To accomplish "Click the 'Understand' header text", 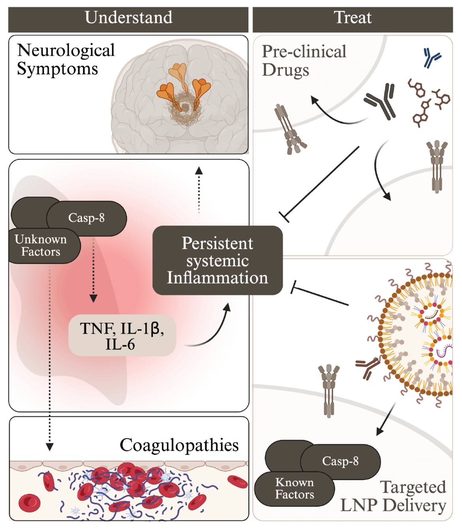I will [128, 18].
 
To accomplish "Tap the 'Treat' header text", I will [353, 18].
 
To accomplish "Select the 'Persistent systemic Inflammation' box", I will [217, 260].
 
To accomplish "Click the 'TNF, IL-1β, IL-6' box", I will [122, 336].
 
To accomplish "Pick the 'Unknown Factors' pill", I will [41, 246].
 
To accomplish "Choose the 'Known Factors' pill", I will [295, 488].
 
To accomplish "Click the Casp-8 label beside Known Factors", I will [340, 461].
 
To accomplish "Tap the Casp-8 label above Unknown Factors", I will [86, 218].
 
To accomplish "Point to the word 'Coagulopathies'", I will [179, 445].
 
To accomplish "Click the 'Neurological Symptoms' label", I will [66, 60].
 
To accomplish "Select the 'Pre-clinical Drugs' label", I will [304, 61].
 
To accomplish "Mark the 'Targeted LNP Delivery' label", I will [393, 496].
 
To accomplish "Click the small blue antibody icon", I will [432, 58].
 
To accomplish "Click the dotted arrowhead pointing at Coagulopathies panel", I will [50, 446].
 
